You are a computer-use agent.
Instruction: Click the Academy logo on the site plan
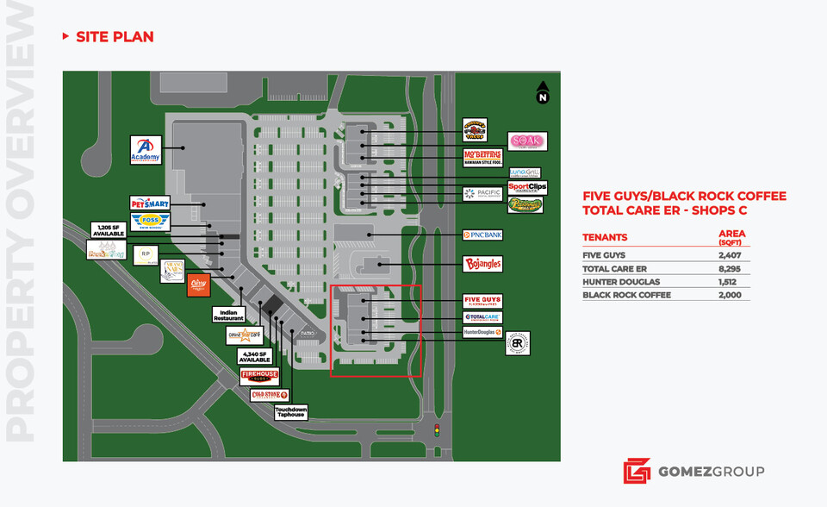pos(146,150)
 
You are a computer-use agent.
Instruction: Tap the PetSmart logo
pos(150,203)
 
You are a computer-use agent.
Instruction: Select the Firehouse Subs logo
pos(259,377)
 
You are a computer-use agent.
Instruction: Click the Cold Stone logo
pos(269,395)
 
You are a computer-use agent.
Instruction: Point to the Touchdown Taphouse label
pos(291,412)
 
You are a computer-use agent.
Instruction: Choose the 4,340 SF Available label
pos(255,355)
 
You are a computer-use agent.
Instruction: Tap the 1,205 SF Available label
pos(109,230)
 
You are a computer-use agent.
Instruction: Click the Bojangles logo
pos(482,264)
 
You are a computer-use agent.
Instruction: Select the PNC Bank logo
pos(482,235)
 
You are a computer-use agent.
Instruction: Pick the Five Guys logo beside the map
pos(482,301)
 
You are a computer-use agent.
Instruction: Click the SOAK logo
pos(526,141)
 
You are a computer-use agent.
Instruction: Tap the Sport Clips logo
pos(527,186)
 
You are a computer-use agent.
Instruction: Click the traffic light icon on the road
pos(436,429)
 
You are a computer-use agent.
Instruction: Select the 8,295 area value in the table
pos(731,268)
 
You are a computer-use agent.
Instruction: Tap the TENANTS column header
pos(605,237)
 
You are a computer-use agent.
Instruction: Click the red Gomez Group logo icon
pos(636,471)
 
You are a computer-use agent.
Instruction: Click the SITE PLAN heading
pos(115,36)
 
